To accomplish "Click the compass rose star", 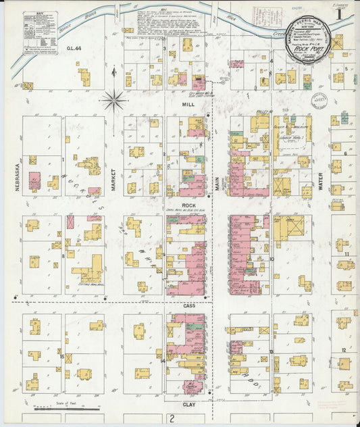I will pos(115,101).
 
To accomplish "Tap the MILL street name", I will pos(188,105).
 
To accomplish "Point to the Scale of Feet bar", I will pos(68,408).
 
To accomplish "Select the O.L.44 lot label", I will pos(74,48).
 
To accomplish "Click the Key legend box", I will pos(39,32).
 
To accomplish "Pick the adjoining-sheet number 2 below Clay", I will pos(173,419).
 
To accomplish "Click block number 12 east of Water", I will pos(344,349).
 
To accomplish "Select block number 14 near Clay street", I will pos(163,361).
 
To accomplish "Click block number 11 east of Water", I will pos(345,254).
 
